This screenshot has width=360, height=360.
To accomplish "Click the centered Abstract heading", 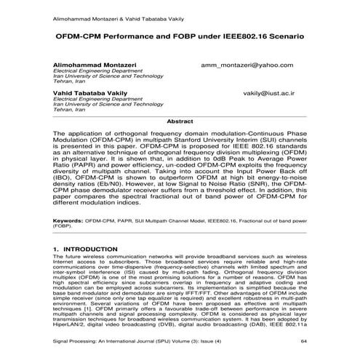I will coord(180,121).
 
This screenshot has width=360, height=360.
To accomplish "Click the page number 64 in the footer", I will coord(305,340).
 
